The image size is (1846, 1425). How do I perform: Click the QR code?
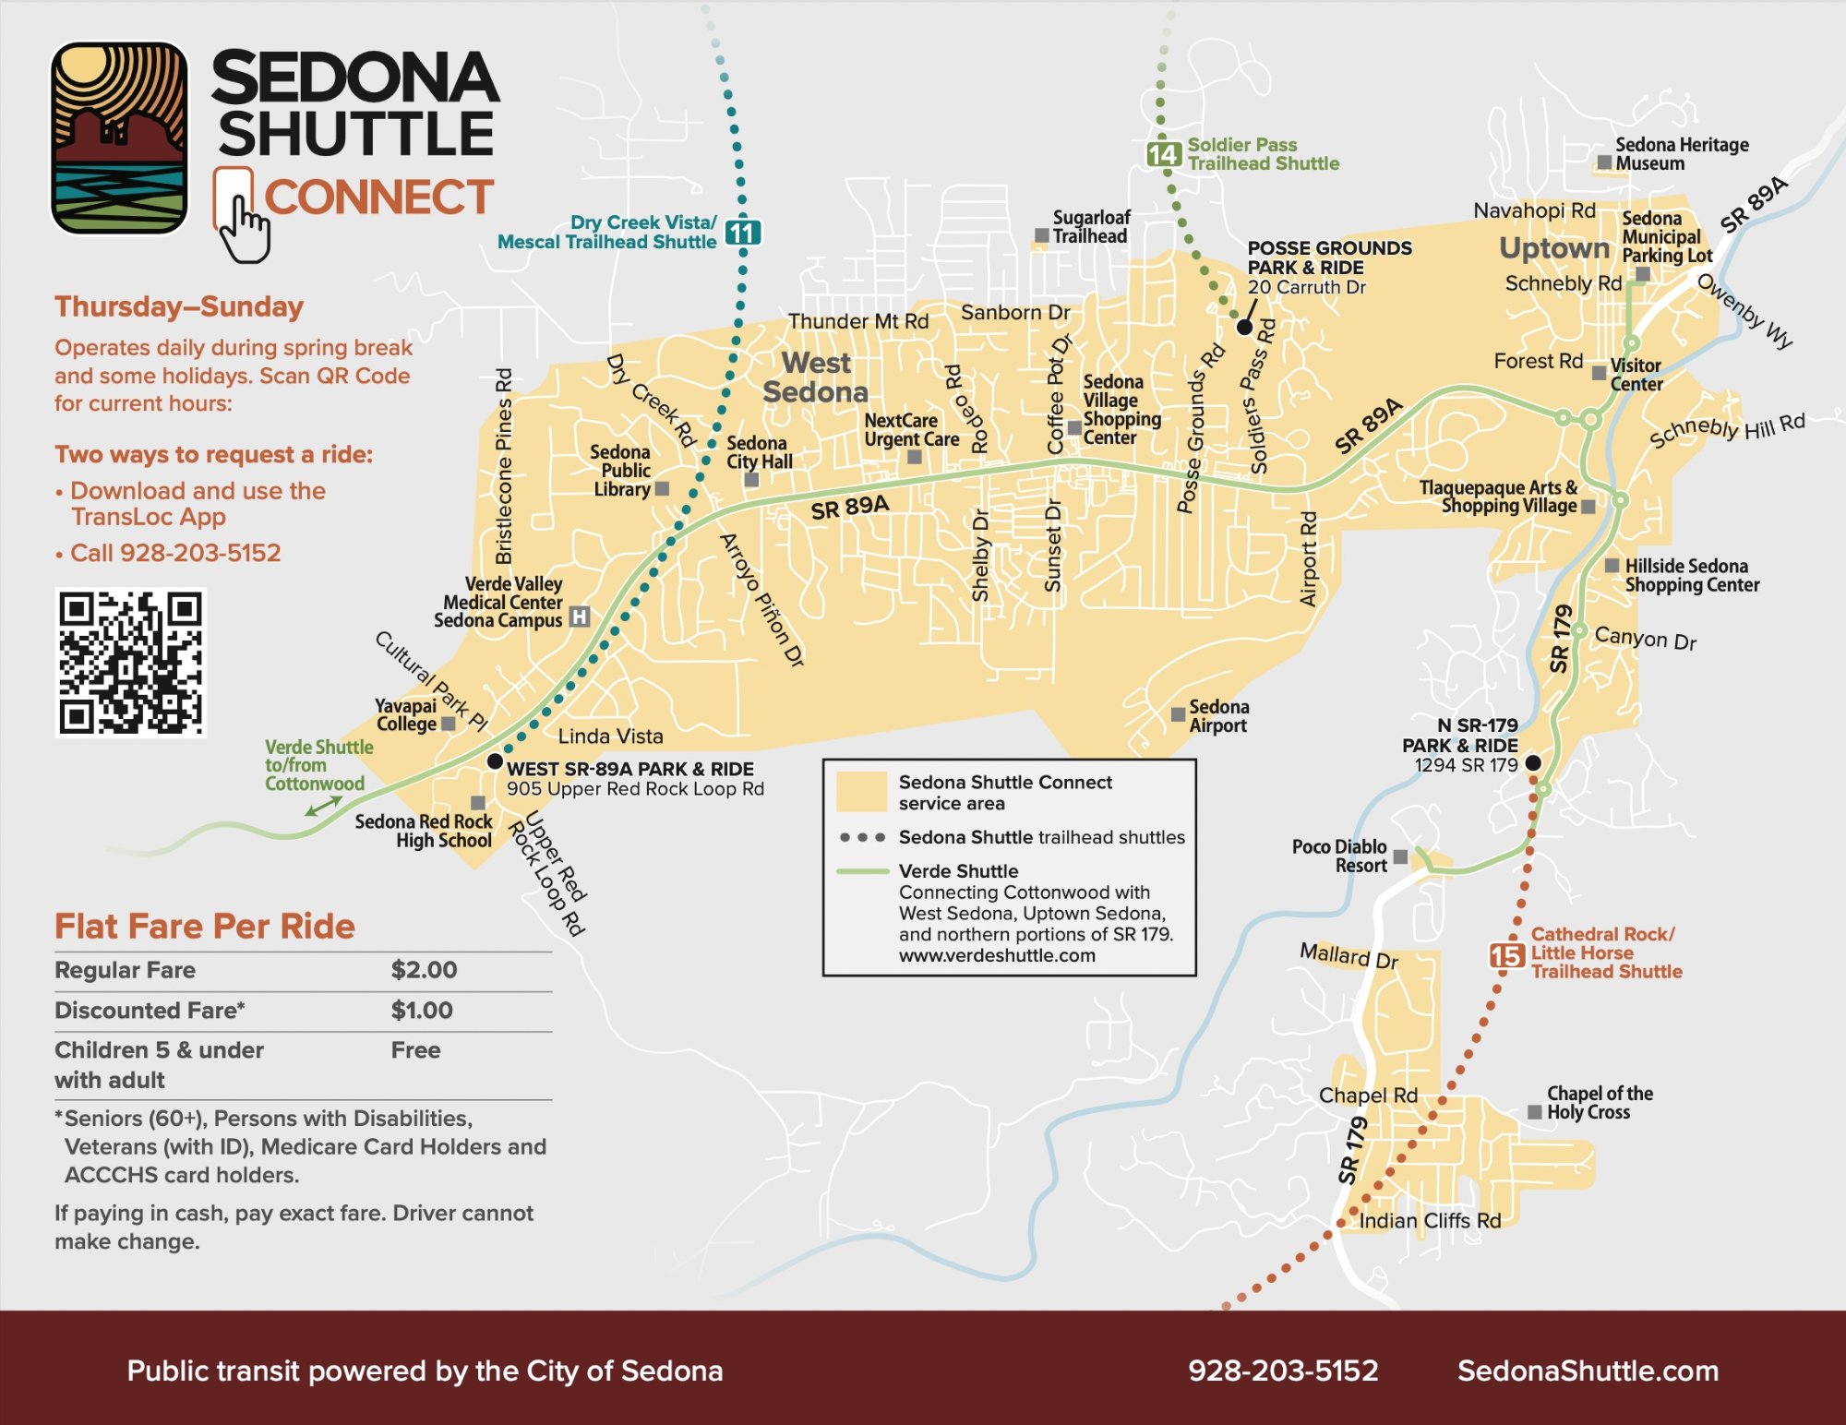coord(130,663)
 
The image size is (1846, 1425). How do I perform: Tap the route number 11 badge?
coord(743,233)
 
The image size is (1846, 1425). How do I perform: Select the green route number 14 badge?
coord(1164,154)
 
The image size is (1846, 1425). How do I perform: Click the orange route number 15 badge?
coord(1506,955)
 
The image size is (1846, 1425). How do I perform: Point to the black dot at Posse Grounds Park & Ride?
coord(1244,327)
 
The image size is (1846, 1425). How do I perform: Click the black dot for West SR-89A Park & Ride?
coord(495,761)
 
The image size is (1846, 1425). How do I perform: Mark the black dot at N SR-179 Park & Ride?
coord(1533,762)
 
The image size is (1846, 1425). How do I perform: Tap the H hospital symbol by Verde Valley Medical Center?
coord(579,617)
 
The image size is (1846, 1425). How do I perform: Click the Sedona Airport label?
coord(1218,716)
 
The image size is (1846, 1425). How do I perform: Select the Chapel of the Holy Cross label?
coord(1600,1103)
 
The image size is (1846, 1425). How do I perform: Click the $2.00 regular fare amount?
coord(424,970)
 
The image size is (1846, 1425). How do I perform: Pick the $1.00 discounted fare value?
coord(422,1010)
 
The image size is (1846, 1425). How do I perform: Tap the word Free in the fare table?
coord(415,1050)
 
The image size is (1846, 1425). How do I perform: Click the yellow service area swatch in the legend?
coord(861,792)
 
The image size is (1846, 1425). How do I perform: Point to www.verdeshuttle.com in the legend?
coord(997,956)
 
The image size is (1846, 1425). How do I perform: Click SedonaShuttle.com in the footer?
coord(1588,1371)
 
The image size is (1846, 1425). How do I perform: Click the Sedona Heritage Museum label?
coord(1682,154)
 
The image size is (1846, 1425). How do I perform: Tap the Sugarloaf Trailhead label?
coord(1091,227)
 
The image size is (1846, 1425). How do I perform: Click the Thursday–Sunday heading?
coord(179,306)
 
